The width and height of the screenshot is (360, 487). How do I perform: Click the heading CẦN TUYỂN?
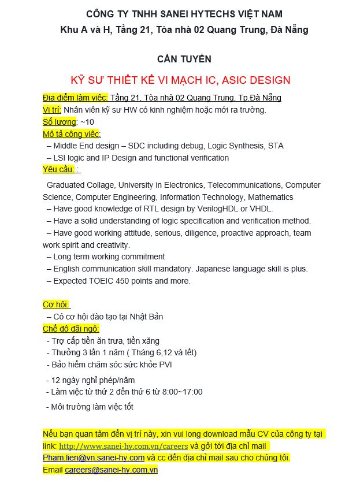pyautogui.click(x=184, y=59)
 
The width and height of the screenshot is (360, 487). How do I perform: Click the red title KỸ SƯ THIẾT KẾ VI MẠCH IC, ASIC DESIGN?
pyautogui.click(x=180, y=80)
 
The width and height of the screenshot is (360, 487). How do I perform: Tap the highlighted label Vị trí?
pyautogui.click(x=52, y=110)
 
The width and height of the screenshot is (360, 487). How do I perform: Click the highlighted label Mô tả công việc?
pyautogui.click(x=72, y=134)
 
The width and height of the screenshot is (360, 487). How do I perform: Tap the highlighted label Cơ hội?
pyautogui.click(x=56, y=304)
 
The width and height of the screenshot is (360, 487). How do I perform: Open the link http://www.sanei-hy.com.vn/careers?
pyautogui.click(x=123, y=446)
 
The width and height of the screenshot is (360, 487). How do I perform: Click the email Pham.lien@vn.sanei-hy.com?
pyautogui.click(x=94, y=458)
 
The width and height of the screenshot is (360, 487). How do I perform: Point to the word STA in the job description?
pyautogui.click(x=276, y=146)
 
